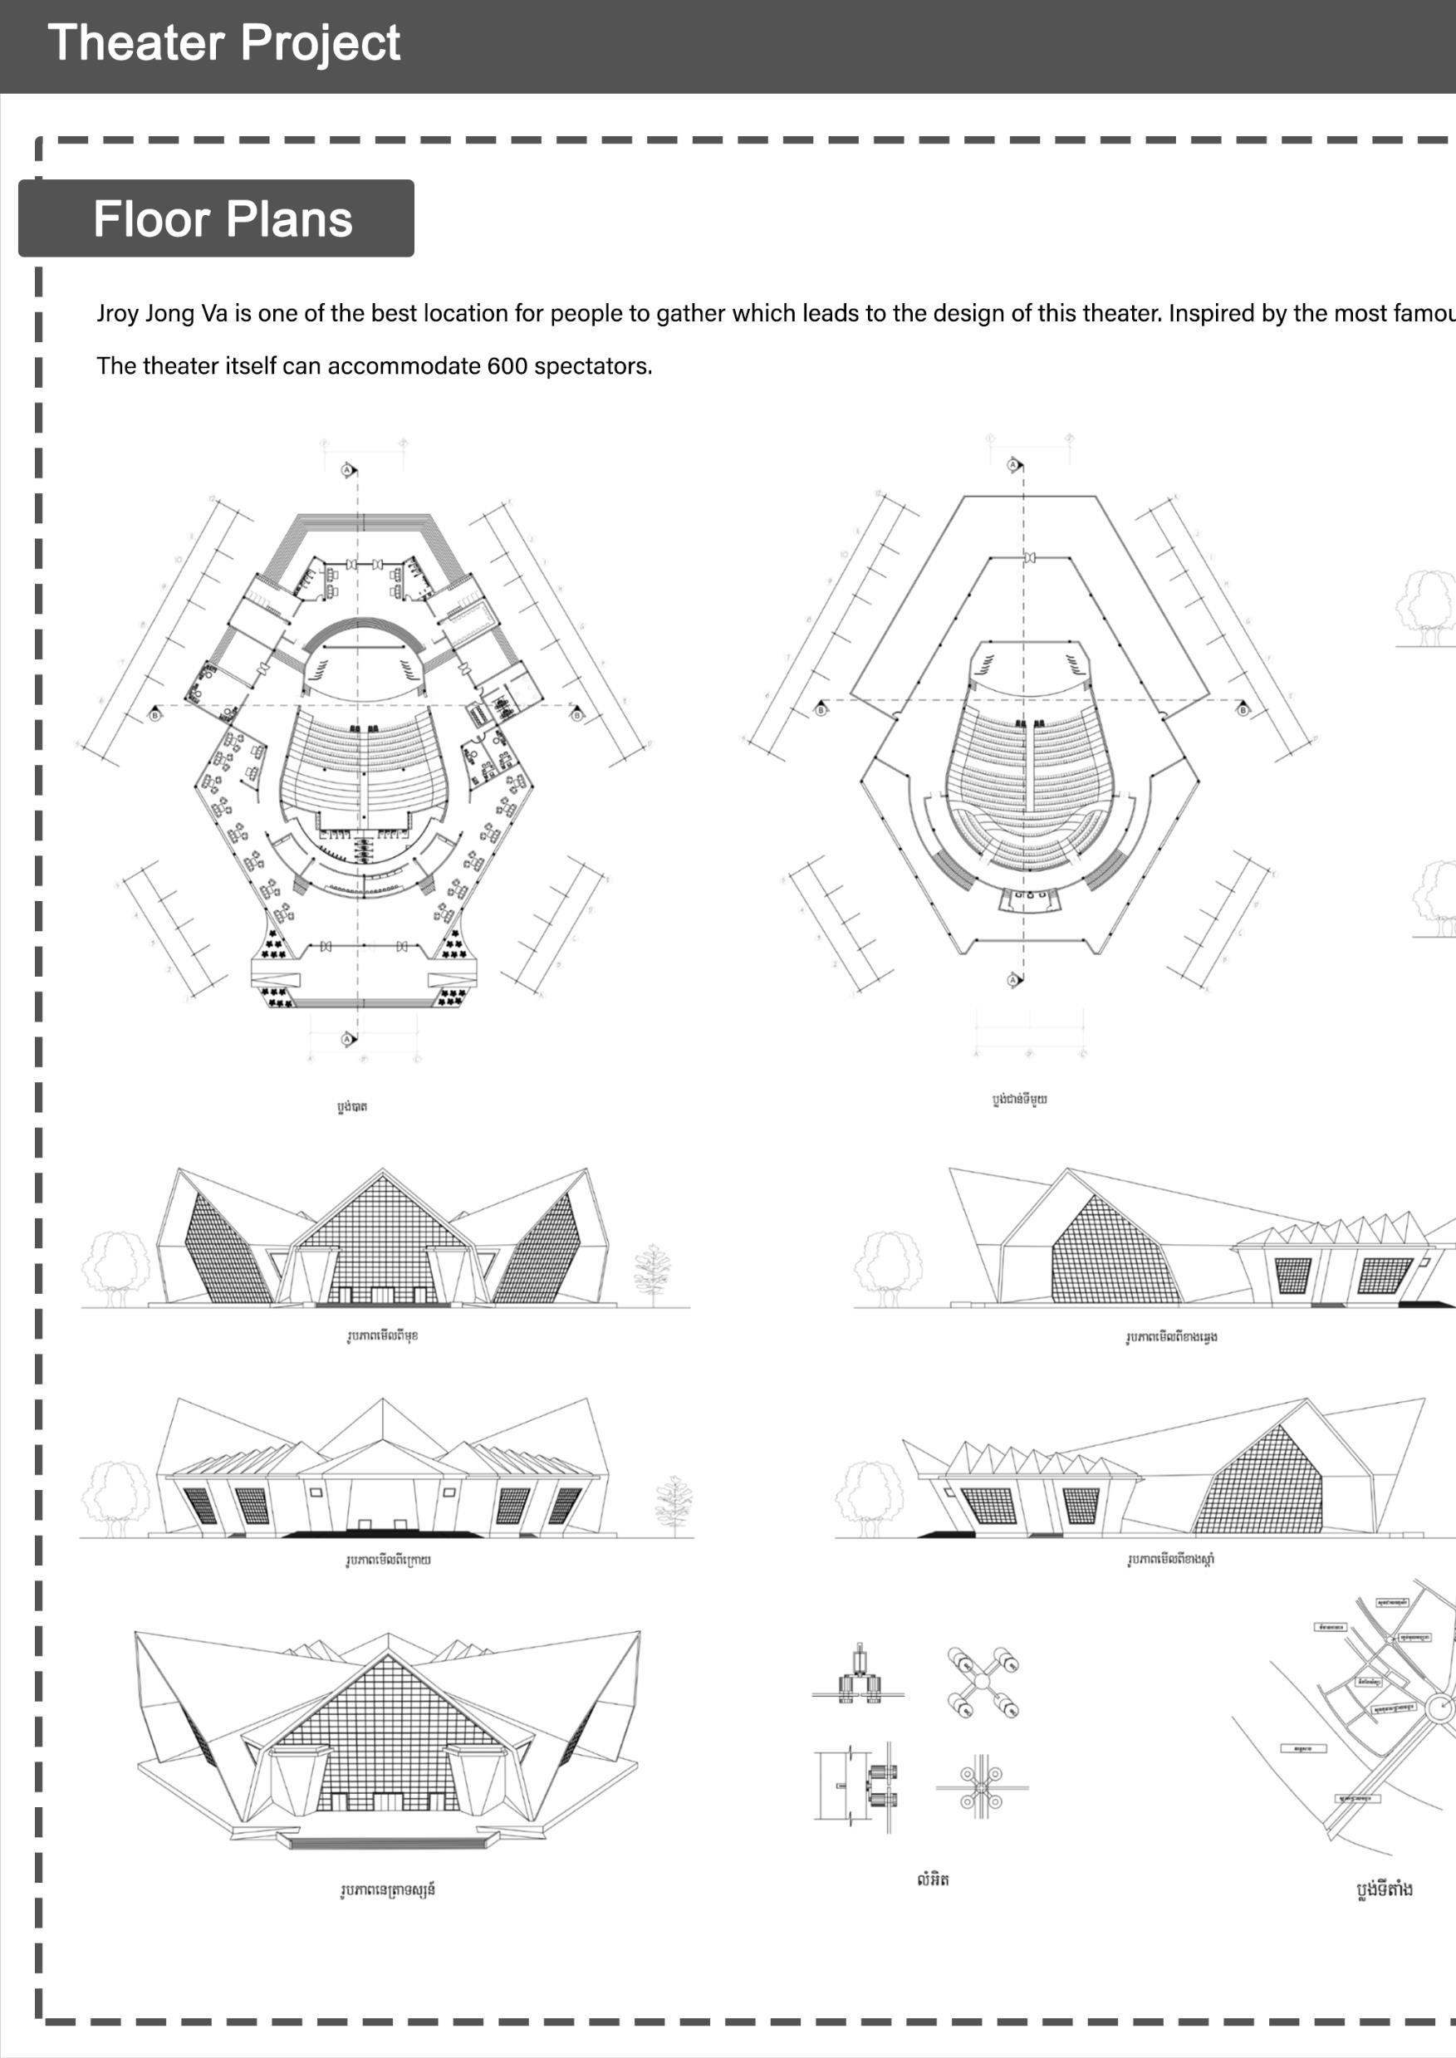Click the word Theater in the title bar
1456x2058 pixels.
[135, 43]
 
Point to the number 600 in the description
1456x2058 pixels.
[507, 366]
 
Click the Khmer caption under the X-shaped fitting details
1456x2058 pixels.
[933, 1879]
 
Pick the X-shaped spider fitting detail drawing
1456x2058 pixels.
[983, 1683]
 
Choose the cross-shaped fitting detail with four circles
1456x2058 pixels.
[982, 1787]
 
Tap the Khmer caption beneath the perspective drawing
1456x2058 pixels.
[387, 1890]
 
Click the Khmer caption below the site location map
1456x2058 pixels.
[1385, 1889]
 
